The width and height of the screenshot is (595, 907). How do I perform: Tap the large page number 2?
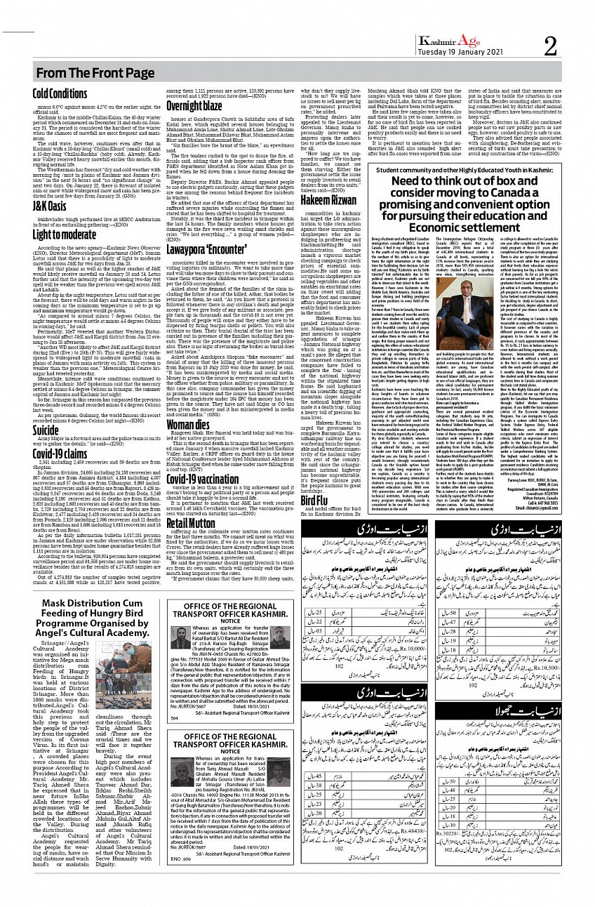point(550,46)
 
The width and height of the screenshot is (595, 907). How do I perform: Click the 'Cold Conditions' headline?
point(60,93)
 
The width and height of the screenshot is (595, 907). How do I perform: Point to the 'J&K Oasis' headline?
point(48,206)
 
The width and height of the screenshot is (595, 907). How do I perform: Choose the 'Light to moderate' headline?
point(65,234)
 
